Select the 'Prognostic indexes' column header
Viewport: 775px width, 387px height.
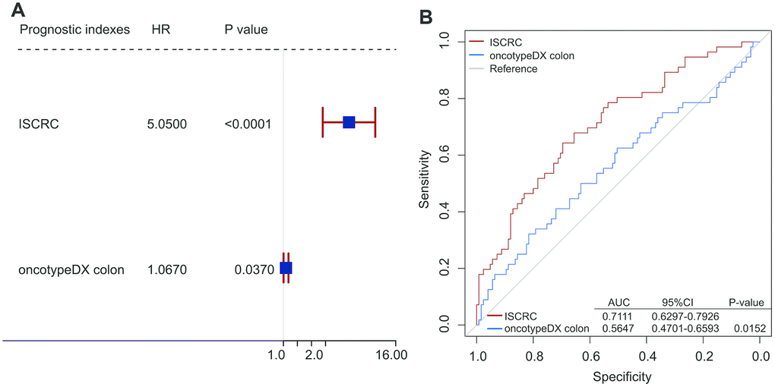[x=74, y=30]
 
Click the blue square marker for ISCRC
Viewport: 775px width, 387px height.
[x=349, y=122]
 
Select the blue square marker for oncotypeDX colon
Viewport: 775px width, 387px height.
[x=286, y=268]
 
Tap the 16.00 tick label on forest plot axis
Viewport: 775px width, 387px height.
[x=392, y=354]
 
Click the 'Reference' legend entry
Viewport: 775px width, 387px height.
[x=513, y=68]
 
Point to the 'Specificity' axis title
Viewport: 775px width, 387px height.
[x=618, y=376]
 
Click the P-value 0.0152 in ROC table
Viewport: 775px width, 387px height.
[x=748, y=328]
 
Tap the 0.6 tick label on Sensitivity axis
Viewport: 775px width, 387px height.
[x=444, y=156]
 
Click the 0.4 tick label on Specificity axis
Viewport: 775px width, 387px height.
[x=647, y=355]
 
